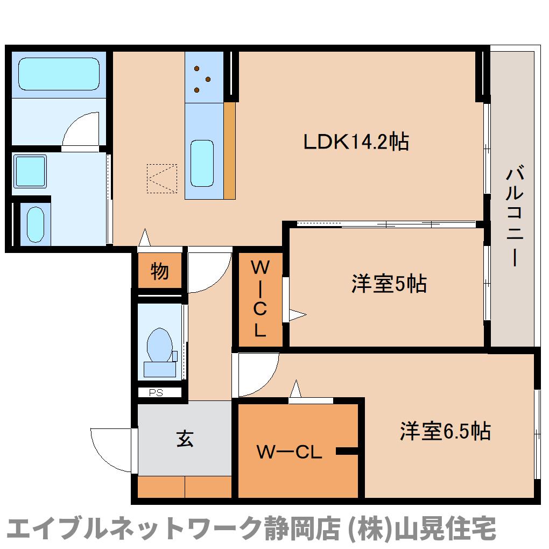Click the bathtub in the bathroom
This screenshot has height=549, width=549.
[59, 74]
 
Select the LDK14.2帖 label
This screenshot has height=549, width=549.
[356, 142]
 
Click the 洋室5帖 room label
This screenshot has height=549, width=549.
[389, 284]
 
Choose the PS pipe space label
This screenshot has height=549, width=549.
[156, 393]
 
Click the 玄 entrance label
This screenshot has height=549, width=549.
[185, 440]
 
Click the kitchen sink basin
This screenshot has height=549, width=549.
[202, 163]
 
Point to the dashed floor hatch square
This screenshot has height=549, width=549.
[161, 178]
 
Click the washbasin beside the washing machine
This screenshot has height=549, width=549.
[36, 225]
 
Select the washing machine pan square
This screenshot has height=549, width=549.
[30, 171]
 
